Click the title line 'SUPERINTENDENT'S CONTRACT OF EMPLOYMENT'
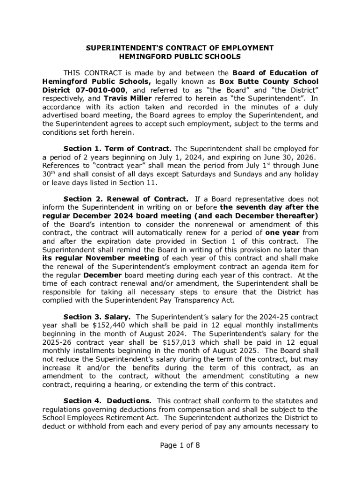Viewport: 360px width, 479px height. tap(180, 48)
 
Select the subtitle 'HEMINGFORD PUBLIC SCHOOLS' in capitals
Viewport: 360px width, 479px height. tap(180, 57)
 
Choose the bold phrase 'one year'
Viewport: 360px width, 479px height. tap(280, 232)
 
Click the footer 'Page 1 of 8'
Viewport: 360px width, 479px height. tap(180, 445)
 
